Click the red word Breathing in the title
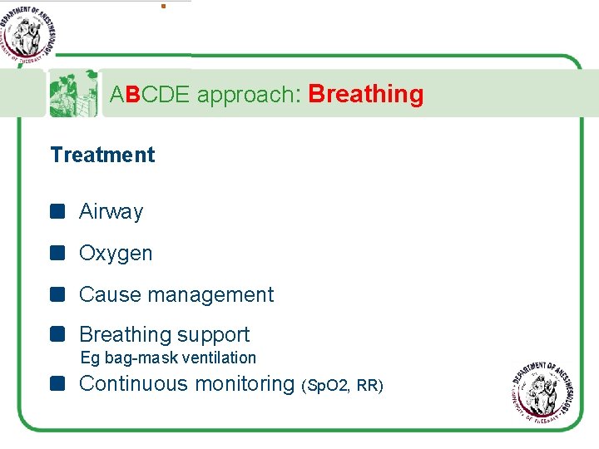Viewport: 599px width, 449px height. (x=365, y=95)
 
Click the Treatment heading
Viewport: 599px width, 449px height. (x=102, y=155)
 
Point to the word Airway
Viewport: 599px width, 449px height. (x=111, y=212)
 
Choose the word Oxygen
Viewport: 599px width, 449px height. (x=116, y=254)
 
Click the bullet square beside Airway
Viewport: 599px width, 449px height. (x=57, y=211)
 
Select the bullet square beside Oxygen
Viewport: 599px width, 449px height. (x=57, y=253)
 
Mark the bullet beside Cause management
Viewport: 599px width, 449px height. (x=57, y=294)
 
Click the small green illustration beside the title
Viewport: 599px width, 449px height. (x=73, y=93)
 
